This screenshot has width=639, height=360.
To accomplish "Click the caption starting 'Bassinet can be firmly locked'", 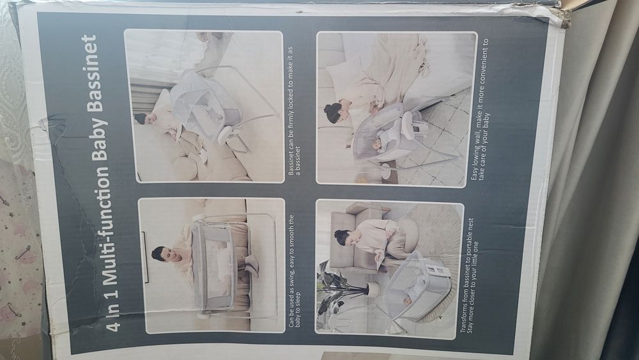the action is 294,111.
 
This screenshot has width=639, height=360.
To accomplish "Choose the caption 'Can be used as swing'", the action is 294,271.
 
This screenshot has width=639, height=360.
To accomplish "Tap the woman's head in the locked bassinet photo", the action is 142,119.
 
